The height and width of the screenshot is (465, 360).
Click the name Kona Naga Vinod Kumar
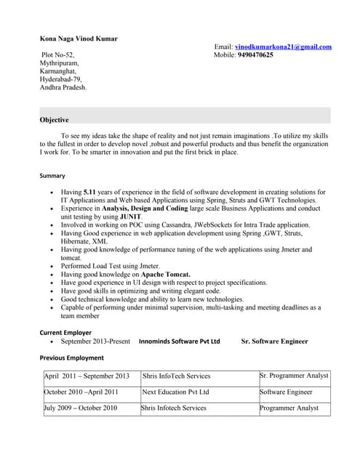(x=78, y=39)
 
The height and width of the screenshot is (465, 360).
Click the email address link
(x=283, y=47)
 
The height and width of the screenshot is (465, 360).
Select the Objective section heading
(x=55, y=120)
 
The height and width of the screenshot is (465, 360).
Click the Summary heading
(x=52, y=176)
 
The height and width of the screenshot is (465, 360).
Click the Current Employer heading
(x=65, y=332)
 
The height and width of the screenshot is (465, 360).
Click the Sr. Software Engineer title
(x=274, y=341)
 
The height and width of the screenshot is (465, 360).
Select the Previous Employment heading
(x=71, y=357)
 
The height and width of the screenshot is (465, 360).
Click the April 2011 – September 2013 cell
(x=87, y=376)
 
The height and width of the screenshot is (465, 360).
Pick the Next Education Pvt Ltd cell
(x=176, y=392)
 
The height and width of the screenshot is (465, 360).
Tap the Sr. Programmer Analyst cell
(x=294, y=376)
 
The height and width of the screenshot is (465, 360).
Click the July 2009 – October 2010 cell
(x=81, y=408)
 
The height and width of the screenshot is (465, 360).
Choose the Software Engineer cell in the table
(x=286, y=392)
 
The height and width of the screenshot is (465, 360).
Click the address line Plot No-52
(x=58, y=55)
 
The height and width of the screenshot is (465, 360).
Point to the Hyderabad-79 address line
(x=61, y=79)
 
